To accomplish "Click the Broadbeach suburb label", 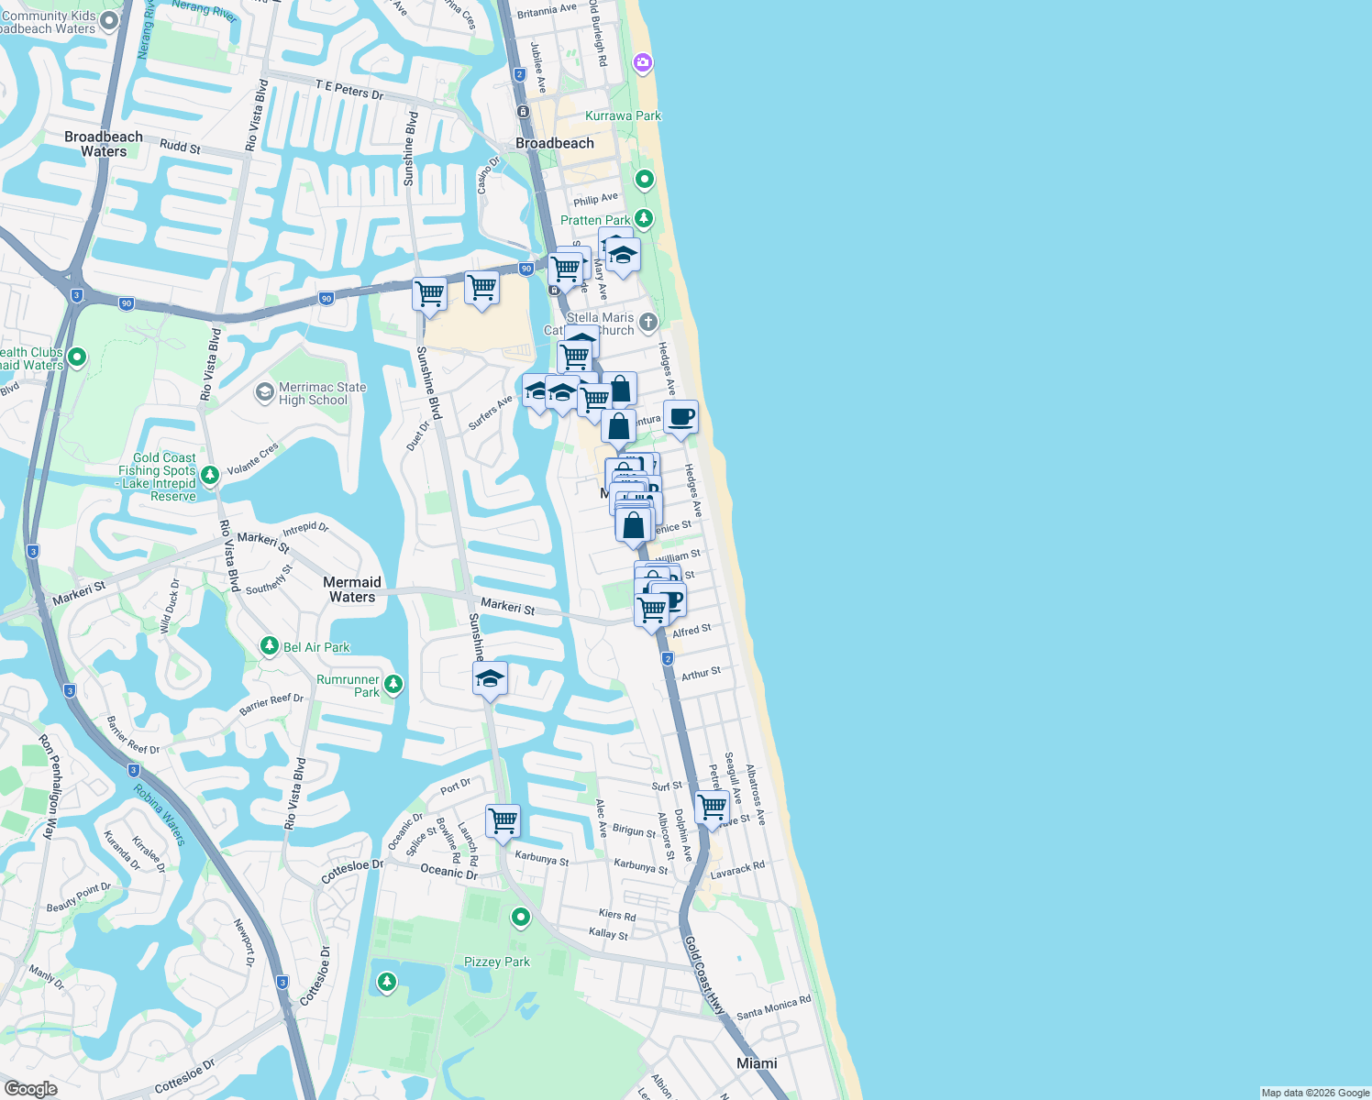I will coord(554,143).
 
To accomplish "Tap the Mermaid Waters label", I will coord(352,589).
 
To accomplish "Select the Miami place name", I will coord(757,1063).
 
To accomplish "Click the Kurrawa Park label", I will coord(623,115).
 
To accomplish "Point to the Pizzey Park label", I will coord(496,962).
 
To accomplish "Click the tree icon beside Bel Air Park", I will coord(269,646).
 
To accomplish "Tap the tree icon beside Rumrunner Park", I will coord(393,684).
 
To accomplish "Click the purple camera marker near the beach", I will coord(643,62).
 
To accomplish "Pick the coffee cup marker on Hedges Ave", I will coord(680,418).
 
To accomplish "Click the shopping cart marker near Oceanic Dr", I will coord(503,821).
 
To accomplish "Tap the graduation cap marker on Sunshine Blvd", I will coord(490,679).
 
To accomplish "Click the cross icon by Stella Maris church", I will coord(648,322).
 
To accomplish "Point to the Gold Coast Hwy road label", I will coord(703,974).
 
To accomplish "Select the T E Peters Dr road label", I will coord(349,90).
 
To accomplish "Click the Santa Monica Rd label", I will coord(773,1007).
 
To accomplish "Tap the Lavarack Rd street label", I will coord(737,869).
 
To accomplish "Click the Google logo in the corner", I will coord(30,1089).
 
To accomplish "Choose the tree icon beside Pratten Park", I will coord(645,218).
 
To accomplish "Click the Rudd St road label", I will coord(180,147).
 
